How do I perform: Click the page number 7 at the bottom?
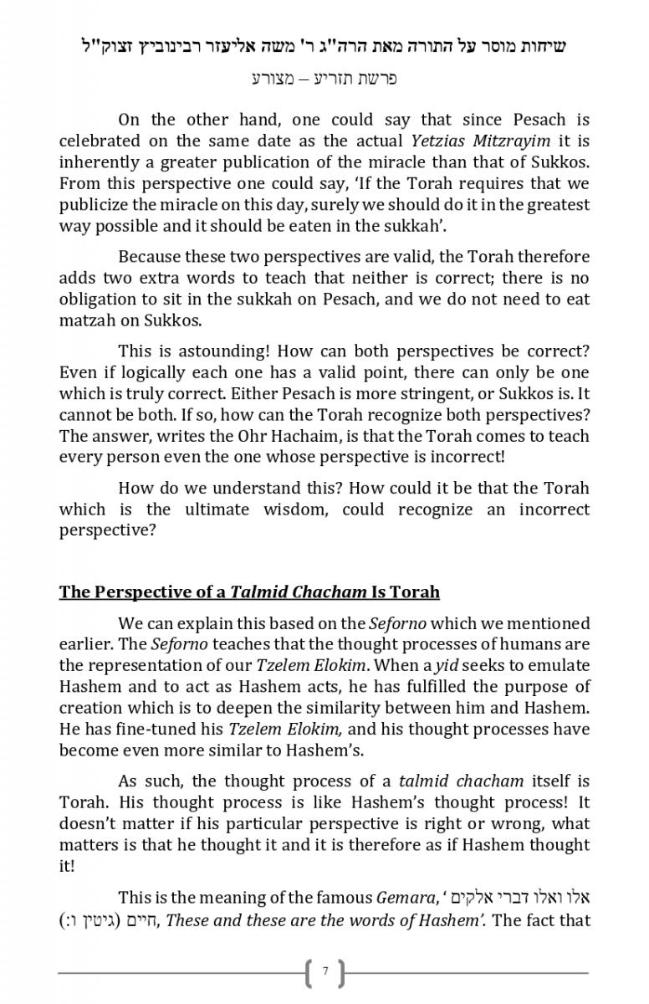pyautogui.click(x=324, y=972)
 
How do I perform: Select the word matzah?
pyautogui.click(x=87, y=319)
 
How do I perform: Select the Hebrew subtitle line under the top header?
pyautogui.click(x=324, y=79)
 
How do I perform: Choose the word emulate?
pyautogui.click(x=560, y=665)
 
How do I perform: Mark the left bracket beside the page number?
pyautogui.click(x=308, y=972)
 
